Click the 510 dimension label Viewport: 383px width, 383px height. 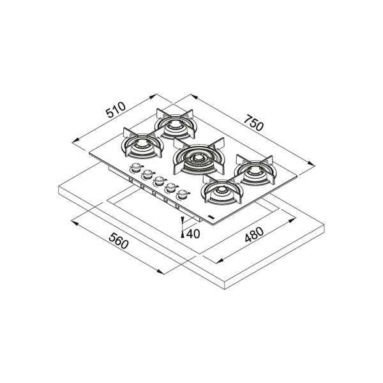[x=116, y=110]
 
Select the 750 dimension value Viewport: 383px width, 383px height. [x=254, y=123]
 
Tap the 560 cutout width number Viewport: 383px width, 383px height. [x=119, y=241]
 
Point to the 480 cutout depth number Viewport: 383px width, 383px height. [x=254, y=234]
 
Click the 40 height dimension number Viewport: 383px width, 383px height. [x=193, y=234]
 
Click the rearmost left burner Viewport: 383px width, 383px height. [x=176, y=124]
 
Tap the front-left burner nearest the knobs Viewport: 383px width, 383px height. [x=142, y=144]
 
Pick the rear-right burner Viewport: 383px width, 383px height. [x=255, y=170]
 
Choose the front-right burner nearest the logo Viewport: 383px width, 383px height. [x=222, y=190]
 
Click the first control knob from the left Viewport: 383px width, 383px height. [x=136, y=168]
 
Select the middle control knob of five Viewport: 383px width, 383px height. [x=159, y=181]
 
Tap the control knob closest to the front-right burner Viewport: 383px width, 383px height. [x=182, y=194]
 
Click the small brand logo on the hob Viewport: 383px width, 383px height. [x=210, y=216]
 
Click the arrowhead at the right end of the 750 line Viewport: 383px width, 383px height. [x=312, y=164]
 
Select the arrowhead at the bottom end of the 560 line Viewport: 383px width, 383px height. [x=160, y=272]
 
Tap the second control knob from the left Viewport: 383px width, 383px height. [x=147, y=174]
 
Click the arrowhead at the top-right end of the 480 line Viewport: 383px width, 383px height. [x=292, y=220]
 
